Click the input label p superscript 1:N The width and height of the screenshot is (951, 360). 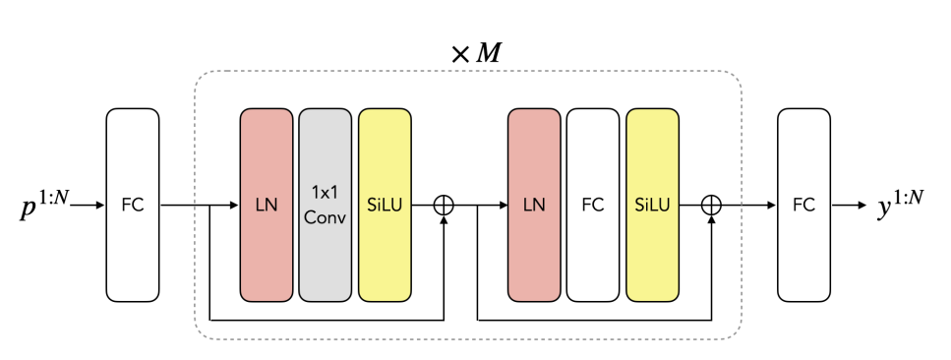[x=43, y=207]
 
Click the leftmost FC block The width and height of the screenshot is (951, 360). [x=132, y=205]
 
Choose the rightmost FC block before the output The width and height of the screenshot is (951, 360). [x=803, y=205]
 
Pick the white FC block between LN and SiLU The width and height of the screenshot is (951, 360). [x=593, y=205]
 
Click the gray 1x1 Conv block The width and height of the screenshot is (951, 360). [x=325, y=205]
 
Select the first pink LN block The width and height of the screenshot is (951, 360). [x=266, y=205]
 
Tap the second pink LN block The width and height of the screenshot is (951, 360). [x=534, y=205]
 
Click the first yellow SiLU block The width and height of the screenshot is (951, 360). [x=385, y=205]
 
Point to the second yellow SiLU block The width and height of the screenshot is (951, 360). [x=652, y=205]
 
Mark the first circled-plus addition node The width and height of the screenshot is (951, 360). [x=445, y=205]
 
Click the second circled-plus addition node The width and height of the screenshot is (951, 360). [x=711, y=205]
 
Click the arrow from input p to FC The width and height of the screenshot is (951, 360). [x=87, y=206]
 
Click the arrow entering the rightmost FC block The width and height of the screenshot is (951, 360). [x=757, y=206]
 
